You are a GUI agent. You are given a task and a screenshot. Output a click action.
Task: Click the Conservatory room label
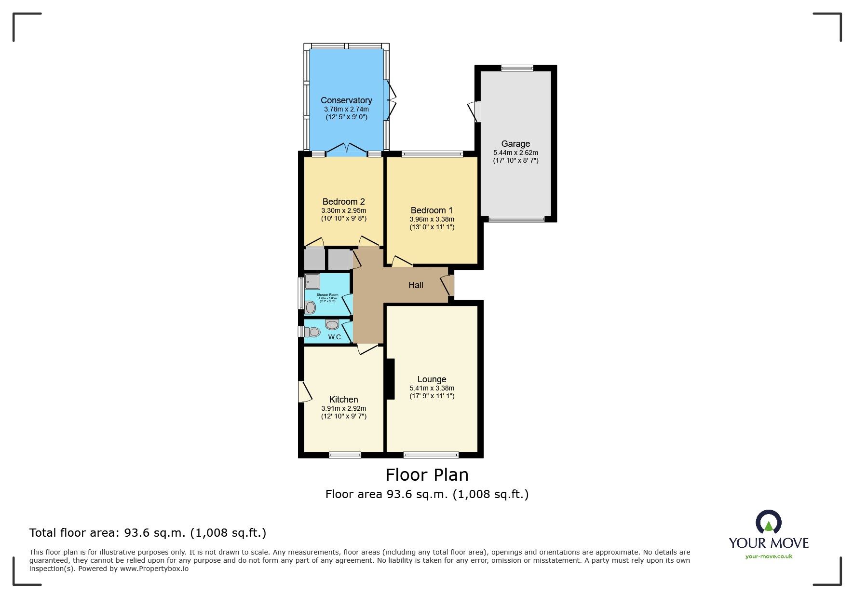pos(346,100)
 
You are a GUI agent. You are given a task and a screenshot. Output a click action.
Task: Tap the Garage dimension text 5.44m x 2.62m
pos(515,153)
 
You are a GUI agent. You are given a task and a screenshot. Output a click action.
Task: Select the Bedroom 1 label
pos(432,210)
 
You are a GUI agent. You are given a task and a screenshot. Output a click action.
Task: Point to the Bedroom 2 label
pos(343,202)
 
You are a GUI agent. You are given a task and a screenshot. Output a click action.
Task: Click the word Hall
pos(416,285)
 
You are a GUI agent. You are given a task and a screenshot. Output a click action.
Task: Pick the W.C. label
pos(335,337)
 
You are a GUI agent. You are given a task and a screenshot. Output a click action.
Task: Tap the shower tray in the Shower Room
pos(312,281)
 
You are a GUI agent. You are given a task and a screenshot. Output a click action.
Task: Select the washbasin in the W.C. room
pos(332,324)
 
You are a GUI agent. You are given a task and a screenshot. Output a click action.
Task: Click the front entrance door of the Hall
pos(447,285)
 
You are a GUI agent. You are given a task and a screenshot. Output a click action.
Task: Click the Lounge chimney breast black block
pos(390,379)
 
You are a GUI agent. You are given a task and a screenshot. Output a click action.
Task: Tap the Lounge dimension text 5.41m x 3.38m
pos(432,388)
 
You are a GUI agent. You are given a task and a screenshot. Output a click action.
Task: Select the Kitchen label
pos(343,400)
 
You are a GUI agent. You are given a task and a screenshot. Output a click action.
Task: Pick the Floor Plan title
pos(427,475)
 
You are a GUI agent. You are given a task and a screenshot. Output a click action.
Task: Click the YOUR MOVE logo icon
pos(768,522)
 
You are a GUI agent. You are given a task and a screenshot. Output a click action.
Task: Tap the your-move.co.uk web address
pos(769,556)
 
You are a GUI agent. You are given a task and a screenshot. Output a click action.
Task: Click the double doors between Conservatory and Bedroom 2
pos(347,149)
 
